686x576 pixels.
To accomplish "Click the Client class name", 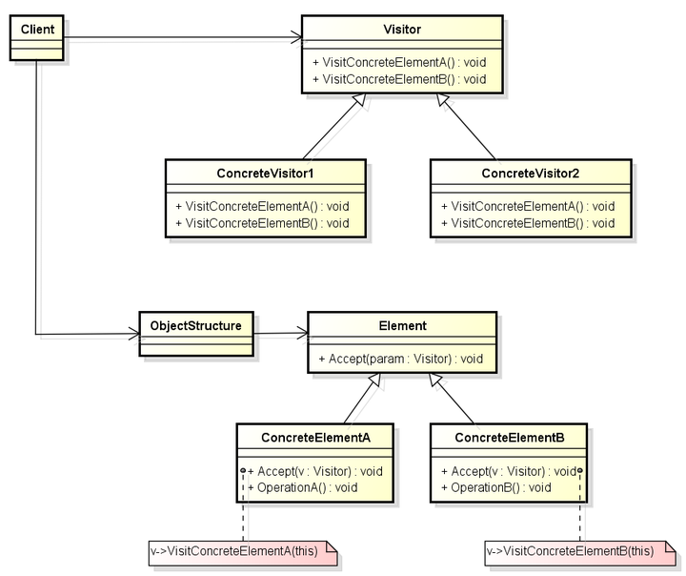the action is click(x=37, y=30).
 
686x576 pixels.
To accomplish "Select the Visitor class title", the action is click(x=402, y=30).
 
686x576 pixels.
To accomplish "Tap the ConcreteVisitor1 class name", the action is click(x=265, y=174).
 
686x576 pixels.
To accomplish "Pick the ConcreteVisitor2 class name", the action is click(x=531, y=174).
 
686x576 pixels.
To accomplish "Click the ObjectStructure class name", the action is click(x=195, y=326).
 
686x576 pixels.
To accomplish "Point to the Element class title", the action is click(x=402, y=326).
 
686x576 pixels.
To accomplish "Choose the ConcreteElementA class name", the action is click(x=315, y=438).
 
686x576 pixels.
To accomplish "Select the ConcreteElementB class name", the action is click(x=510, y=438).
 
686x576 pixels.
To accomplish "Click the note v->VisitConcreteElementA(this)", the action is click(x=243, y=553).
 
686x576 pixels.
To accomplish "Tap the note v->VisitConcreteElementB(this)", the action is click(x=580, y=553).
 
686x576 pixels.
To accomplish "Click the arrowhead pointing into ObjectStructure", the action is click(x=134, y=334).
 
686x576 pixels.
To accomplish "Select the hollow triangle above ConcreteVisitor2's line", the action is click(x=443, y=100).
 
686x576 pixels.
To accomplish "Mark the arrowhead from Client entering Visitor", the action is click(x=296, y=37).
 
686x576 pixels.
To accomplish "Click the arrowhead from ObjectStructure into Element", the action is click(x=302, y=333).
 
